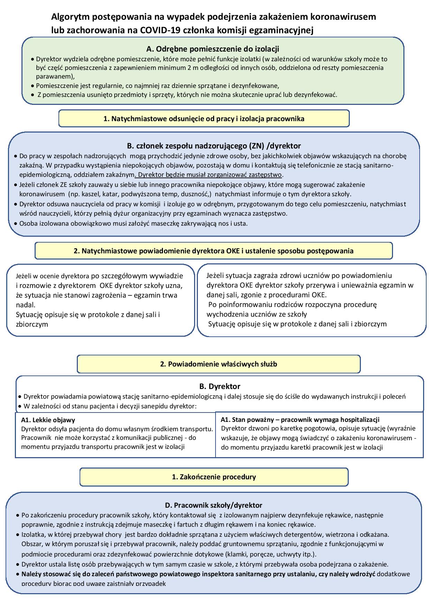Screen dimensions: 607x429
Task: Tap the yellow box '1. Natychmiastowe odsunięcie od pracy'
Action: point(204,119)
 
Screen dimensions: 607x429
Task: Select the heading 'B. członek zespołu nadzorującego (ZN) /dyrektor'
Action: point(214,146)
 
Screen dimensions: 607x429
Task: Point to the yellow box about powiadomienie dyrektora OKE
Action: point(213,251)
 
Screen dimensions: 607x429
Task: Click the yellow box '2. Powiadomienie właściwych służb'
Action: point(218,364)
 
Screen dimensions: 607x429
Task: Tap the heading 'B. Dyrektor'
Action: point(220,386)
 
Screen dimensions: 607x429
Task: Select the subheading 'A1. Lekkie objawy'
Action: point(48,420)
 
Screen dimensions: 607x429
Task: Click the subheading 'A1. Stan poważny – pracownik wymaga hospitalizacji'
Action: point(300,420)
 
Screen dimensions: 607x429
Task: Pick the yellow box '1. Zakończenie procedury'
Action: point(214,477)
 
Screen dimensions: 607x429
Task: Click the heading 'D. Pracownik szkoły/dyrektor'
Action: point(213,505)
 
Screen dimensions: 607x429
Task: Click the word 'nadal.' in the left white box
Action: point(26,305)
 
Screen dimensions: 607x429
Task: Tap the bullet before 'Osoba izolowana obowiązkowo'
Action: point(16,224)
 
